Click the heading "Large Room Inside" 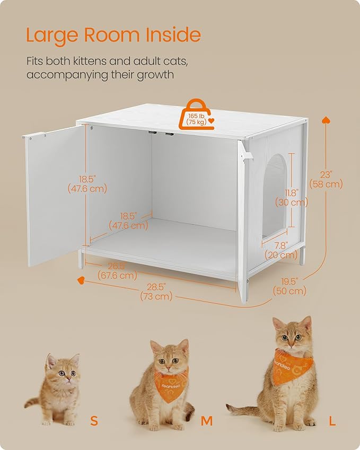(113, 35)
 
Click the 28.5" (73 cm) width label (156, 292)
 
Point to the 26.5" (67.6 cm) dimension (117, 271)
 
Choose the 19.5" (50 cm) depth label (289, 286)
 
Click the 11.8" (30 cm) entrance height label (291, 197)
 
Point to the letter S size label (94, 421)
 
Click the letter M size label (207, 421)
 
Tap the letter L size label (332, 421)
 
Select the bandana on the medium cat (169, 387)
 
